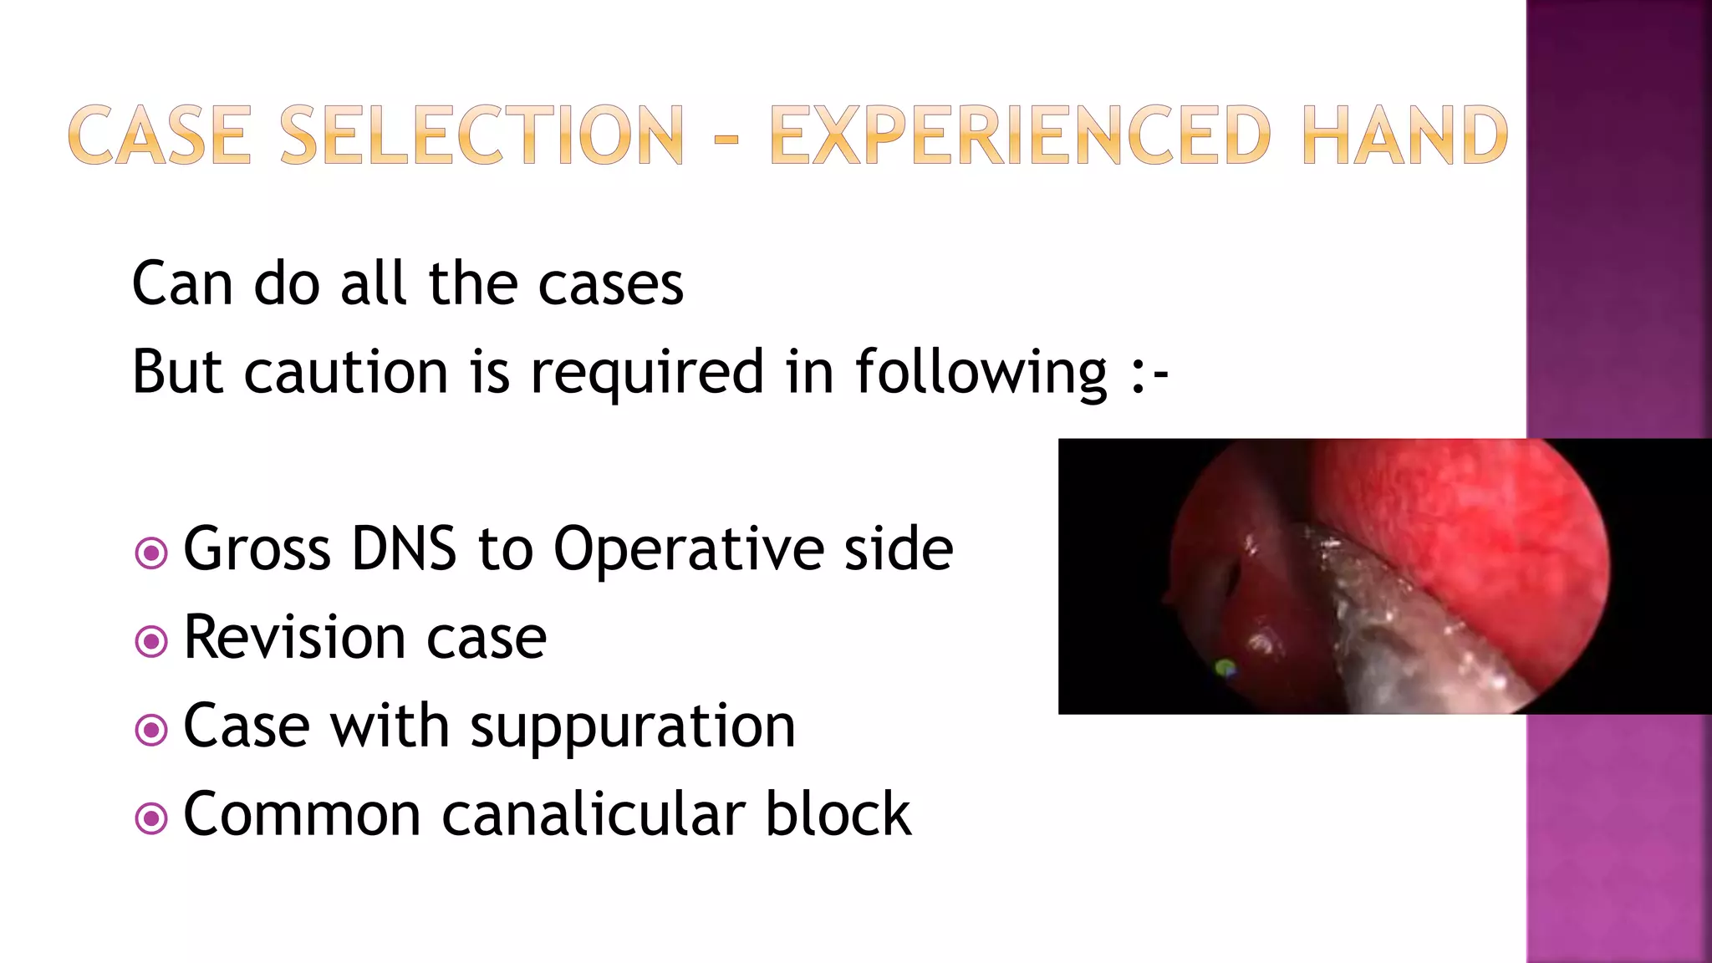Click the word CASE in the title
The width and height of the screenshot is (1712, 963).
(x=159, y=135)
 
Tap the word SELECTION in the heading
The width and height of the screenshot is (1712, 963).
(x=481, y=135)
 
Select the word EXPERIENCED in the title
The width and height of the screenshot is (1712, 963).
(x=1020, y=135)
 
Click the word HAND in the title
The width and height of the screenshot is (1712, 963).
(x=1404, y=135)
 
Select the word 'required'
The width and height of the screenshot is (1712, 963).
(x=647, y=373)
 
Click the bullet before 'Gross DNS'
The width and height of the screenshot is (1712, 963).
(x=151, y=553)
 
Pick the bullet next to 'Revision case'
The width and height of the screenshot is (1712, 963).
(x=151, y=641)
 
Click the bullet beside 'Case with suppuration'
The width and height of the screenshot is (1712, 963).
(x=151, y=730)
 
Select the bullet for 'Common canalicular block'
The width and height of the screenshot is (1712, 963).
(x=151, y=818)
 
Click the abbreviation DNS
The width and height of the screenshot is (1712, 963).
(x=404, y=550)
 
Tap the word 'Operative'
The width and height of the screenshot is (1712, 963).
(x=688, y=550)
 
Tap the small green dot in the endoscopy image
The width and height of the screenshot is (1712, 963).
(x=1225, y=667)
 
